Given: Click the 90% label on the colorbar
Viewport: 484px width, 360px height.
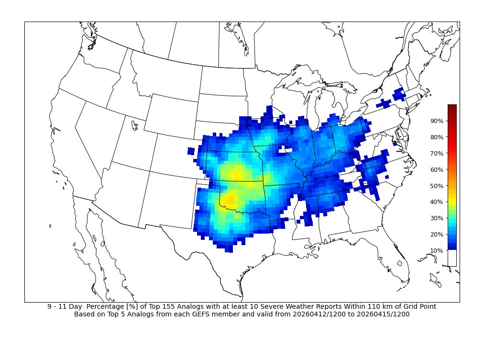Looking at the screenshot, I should [437, 121].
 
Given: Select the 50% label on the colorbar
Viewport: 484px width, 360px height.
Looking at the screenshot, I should [437, 186].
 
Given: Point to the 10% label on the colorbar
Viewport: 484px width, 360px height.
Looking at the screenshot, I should [437, 250].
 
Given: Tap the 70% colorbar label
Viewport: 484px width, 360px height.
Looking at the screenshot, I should [437, 153].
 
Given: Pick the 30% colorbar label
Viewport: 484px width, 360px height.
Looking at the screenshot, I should [437, 218].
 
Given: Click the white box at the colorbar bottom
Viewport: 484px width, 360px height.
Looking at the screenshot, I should [452, 258].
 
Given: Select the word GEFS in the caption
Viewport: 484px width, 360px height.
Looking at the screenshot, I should [205, 315].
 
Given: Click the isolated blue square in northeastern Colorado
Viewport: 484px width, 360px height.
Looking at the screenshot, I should [191, 151].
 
